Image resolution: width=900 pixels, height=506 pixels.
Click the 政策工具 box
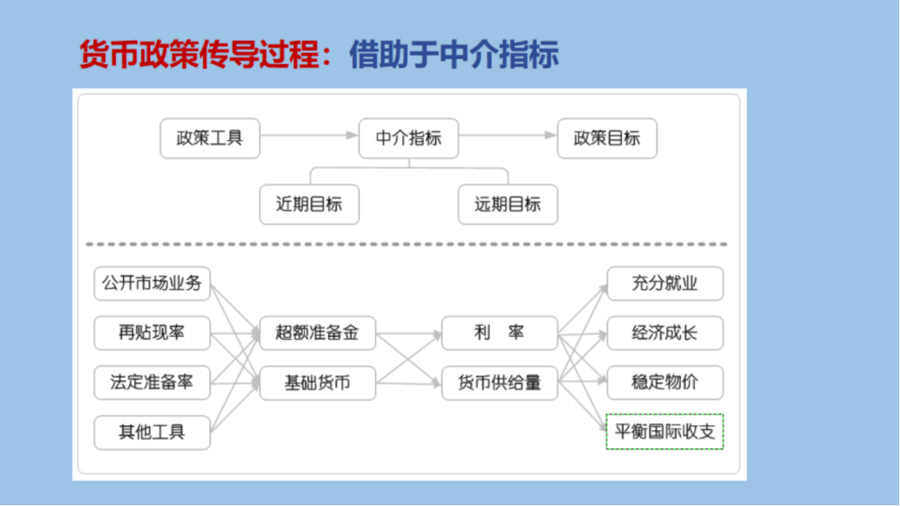pos(210,138)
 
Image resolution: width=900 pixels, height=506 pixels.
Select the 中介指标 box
pos(409,138)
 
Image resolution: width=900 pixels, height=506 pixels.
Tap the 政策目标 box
pos(607,138)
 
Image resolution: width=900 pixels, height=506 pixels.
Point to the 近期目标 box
pos(309,205)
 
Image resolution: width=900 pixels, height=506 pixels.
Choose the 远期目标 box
pos(508,205)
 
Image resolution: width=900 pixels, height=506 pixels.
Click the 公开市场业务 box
pos(152,283)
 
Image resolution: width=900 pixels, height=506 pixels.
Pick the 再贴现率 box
pos(152,333)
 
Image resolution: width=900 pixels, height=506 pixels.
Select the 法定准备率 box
pos(152,383)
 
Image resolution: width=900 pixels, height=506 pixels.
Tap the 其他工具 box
pos(152,433)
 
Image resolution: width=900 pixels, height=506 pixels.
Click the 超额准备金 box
pos(318,333)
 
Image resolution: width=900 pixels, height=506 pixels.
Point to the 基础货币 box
pos(318,383)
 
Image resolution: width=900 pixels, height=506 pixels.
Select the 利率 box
pos(499,333)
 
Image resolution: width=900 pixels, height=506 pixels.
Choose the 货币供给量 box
pos(499,383)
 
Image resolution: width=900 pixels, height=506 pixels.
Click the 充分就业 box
pos(665,283)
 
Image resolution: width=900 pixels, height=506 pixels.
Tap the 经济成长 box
pos(665,333)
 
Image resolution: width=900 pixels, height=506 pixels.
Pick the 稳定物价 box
pos(665,383)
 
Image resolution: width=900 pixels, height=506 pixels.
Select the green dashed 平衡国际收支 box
pos(665,432)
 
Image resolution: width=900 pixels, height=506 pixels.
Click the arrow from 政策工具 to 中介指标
pos(309,135)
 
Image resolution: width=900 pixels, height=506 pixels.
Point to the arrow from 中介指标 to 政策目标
pos(508,135)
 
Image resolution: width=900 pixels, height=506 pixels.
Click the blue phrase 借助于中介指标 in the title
pos(454,54)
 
